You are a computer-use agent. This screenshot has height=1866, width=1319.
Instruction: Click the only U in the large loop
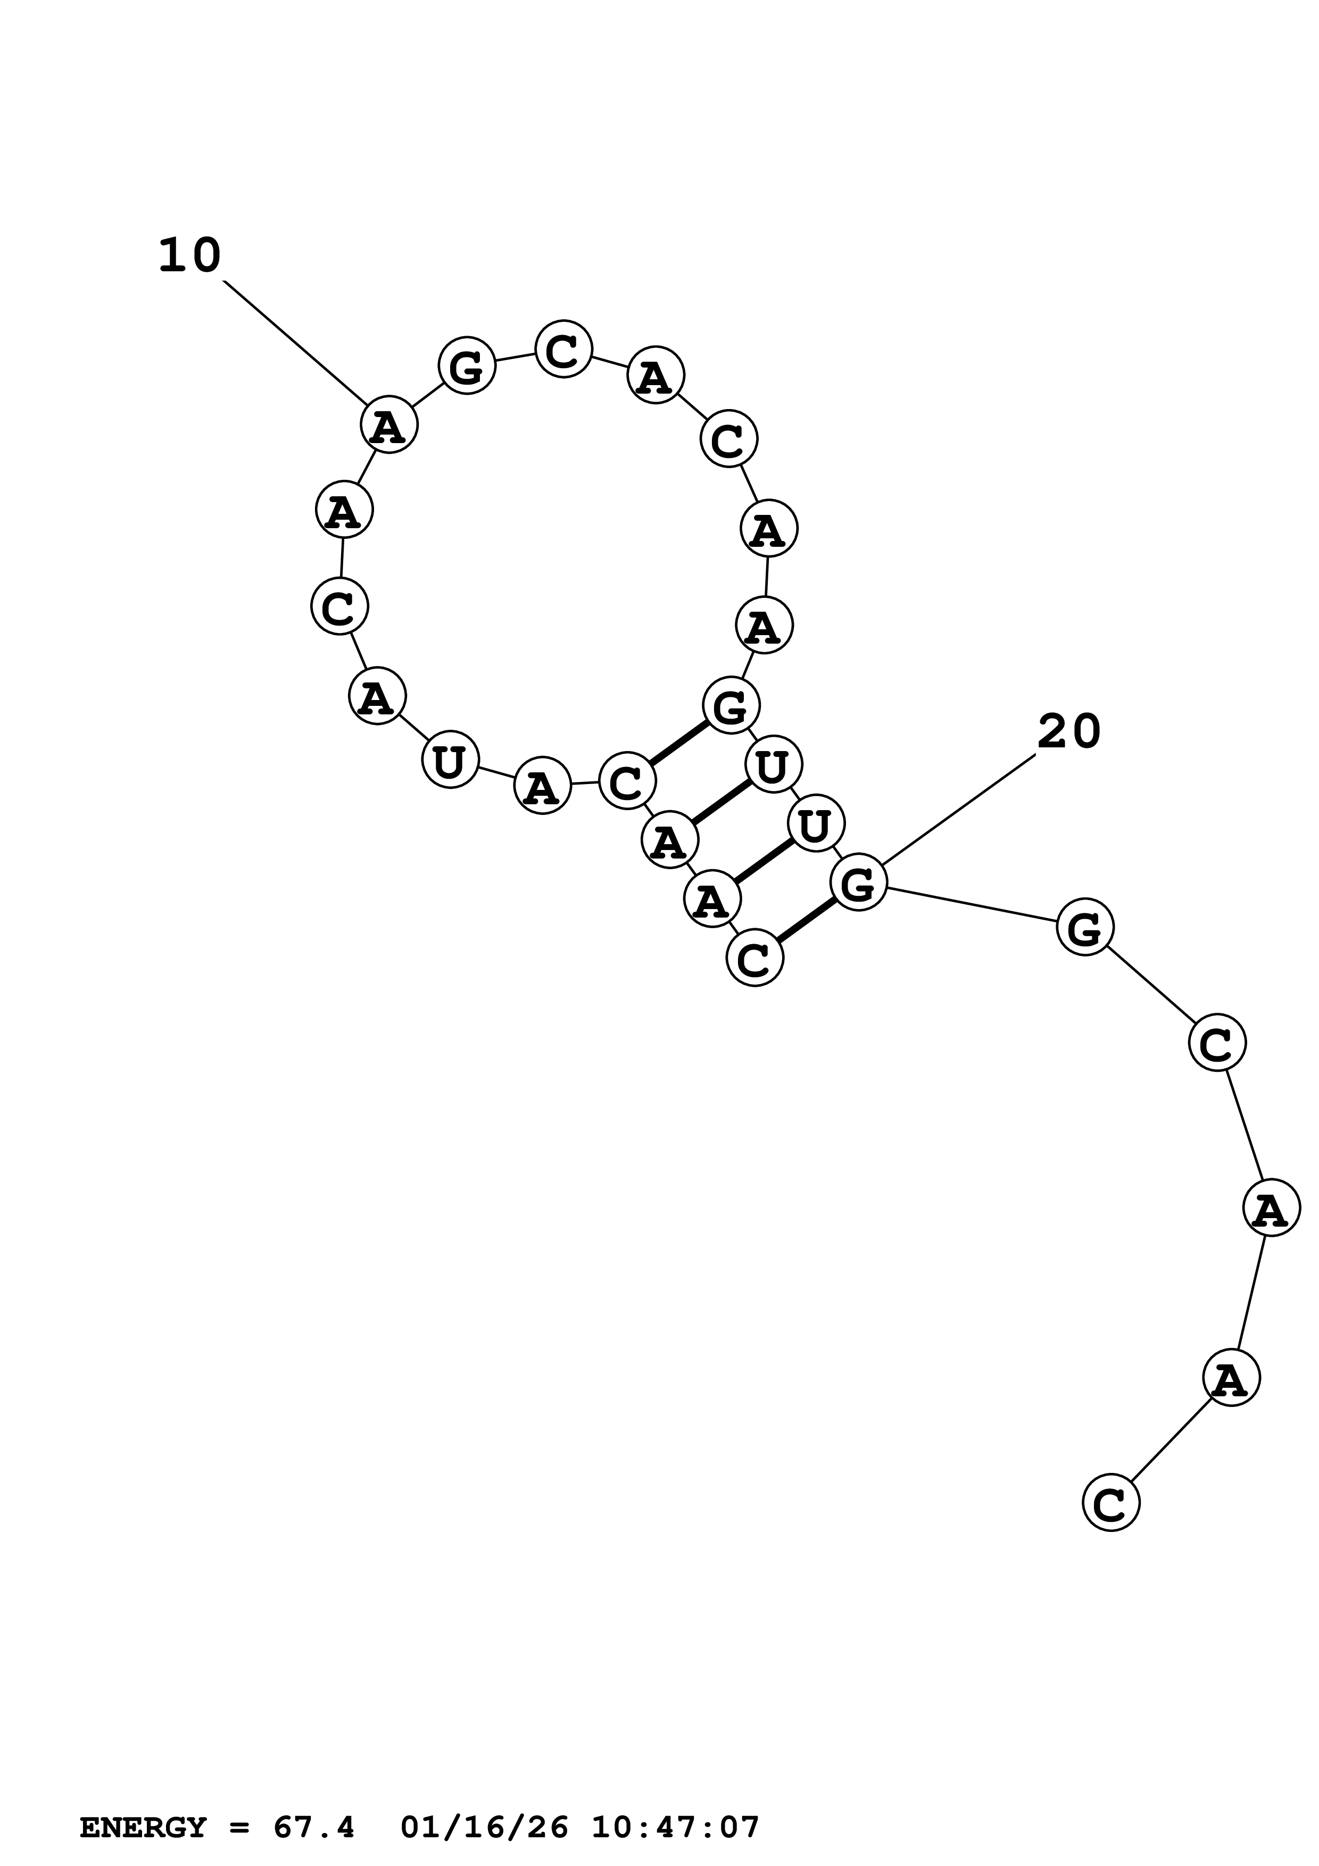[x=450, y=761]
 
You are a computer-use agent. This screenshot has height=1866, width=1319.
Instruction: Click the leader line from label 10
[x=294, y=341]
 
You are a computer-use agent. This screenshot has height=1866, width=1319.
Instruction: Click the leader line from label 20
[x=959, y=810]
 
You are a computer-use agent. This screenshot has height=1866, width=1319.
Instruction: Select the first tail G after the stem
[x=1084, y=927]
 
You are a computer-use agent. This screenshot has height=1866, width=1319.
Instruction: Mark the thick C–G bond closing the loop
[x=678, y=743]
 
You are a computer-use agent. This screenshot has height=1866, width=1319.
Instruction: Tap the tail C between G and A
[x=1217, y=1043]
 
